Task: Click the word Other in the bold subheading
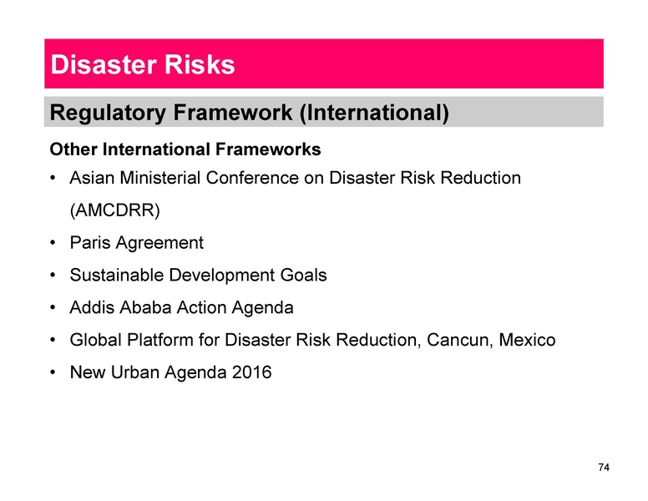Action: [73, 150]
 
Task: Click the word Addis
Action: [92, 307]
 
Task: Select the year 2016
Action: [252, 372]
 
